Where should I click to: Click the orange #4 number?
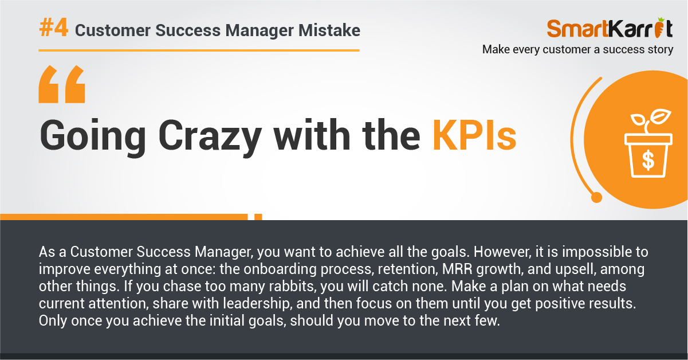53,28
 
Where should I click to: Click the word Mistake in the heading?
329,30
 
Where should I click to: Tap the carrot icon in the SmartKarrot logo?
659,28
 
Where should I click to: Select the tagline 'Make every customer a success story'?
578,49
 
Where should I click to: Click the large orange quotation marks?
62,84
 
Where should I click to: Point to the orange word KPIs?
474,136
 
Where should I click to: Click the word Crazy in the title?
210,138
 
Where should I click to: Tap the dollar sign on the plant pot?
648,160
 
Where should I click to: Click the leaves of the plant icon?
651,117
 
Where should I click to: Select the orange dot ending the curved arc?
596,197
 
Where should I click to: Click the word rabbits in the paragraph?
293,286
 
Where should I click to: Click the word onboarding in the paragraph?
280,269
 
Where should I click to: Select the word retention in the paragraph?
407,269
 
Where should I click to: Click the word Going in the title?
93,138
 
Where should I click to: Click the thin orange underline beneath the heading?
199,50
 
